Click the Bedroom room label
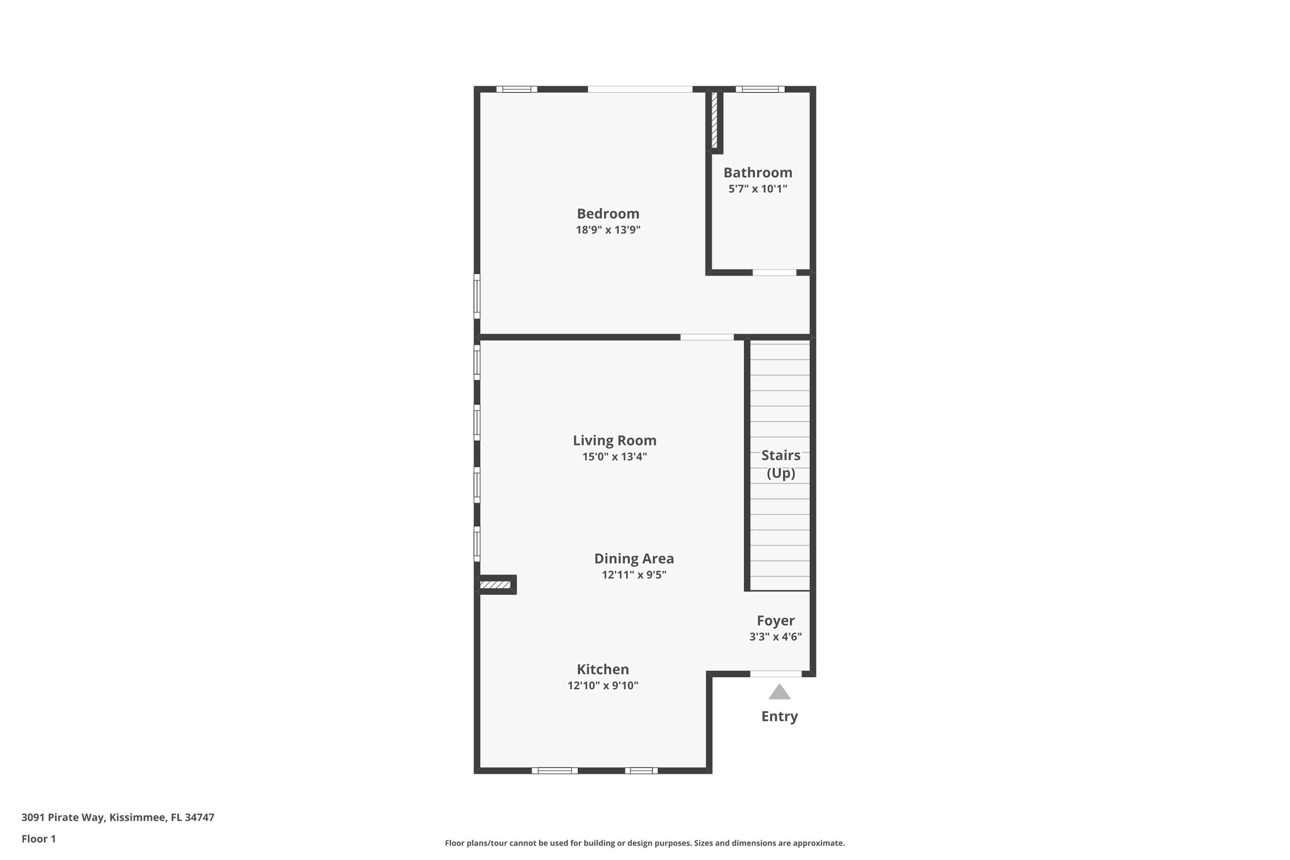608,214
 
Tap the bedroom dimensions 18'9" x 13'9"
608,230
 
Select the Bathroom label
758,173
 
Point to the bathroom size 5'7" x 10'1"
758,189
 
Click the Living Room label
614,440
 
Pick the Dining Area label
634,559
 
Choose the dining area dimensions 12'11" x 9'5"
634,575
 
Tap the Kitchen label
603,670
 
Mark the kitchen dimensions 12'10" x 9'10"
603,685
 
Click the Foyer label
775,621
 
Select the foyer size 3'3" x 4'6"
775,637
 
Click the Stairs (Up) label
780,464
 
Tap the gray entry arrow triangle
779,692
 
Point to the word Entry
779,716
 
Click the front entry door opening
775,674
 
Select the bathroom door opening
774,273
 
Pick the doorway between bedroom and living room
707,337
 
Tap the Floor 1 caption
38,839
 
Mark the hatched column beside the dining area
495,585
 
